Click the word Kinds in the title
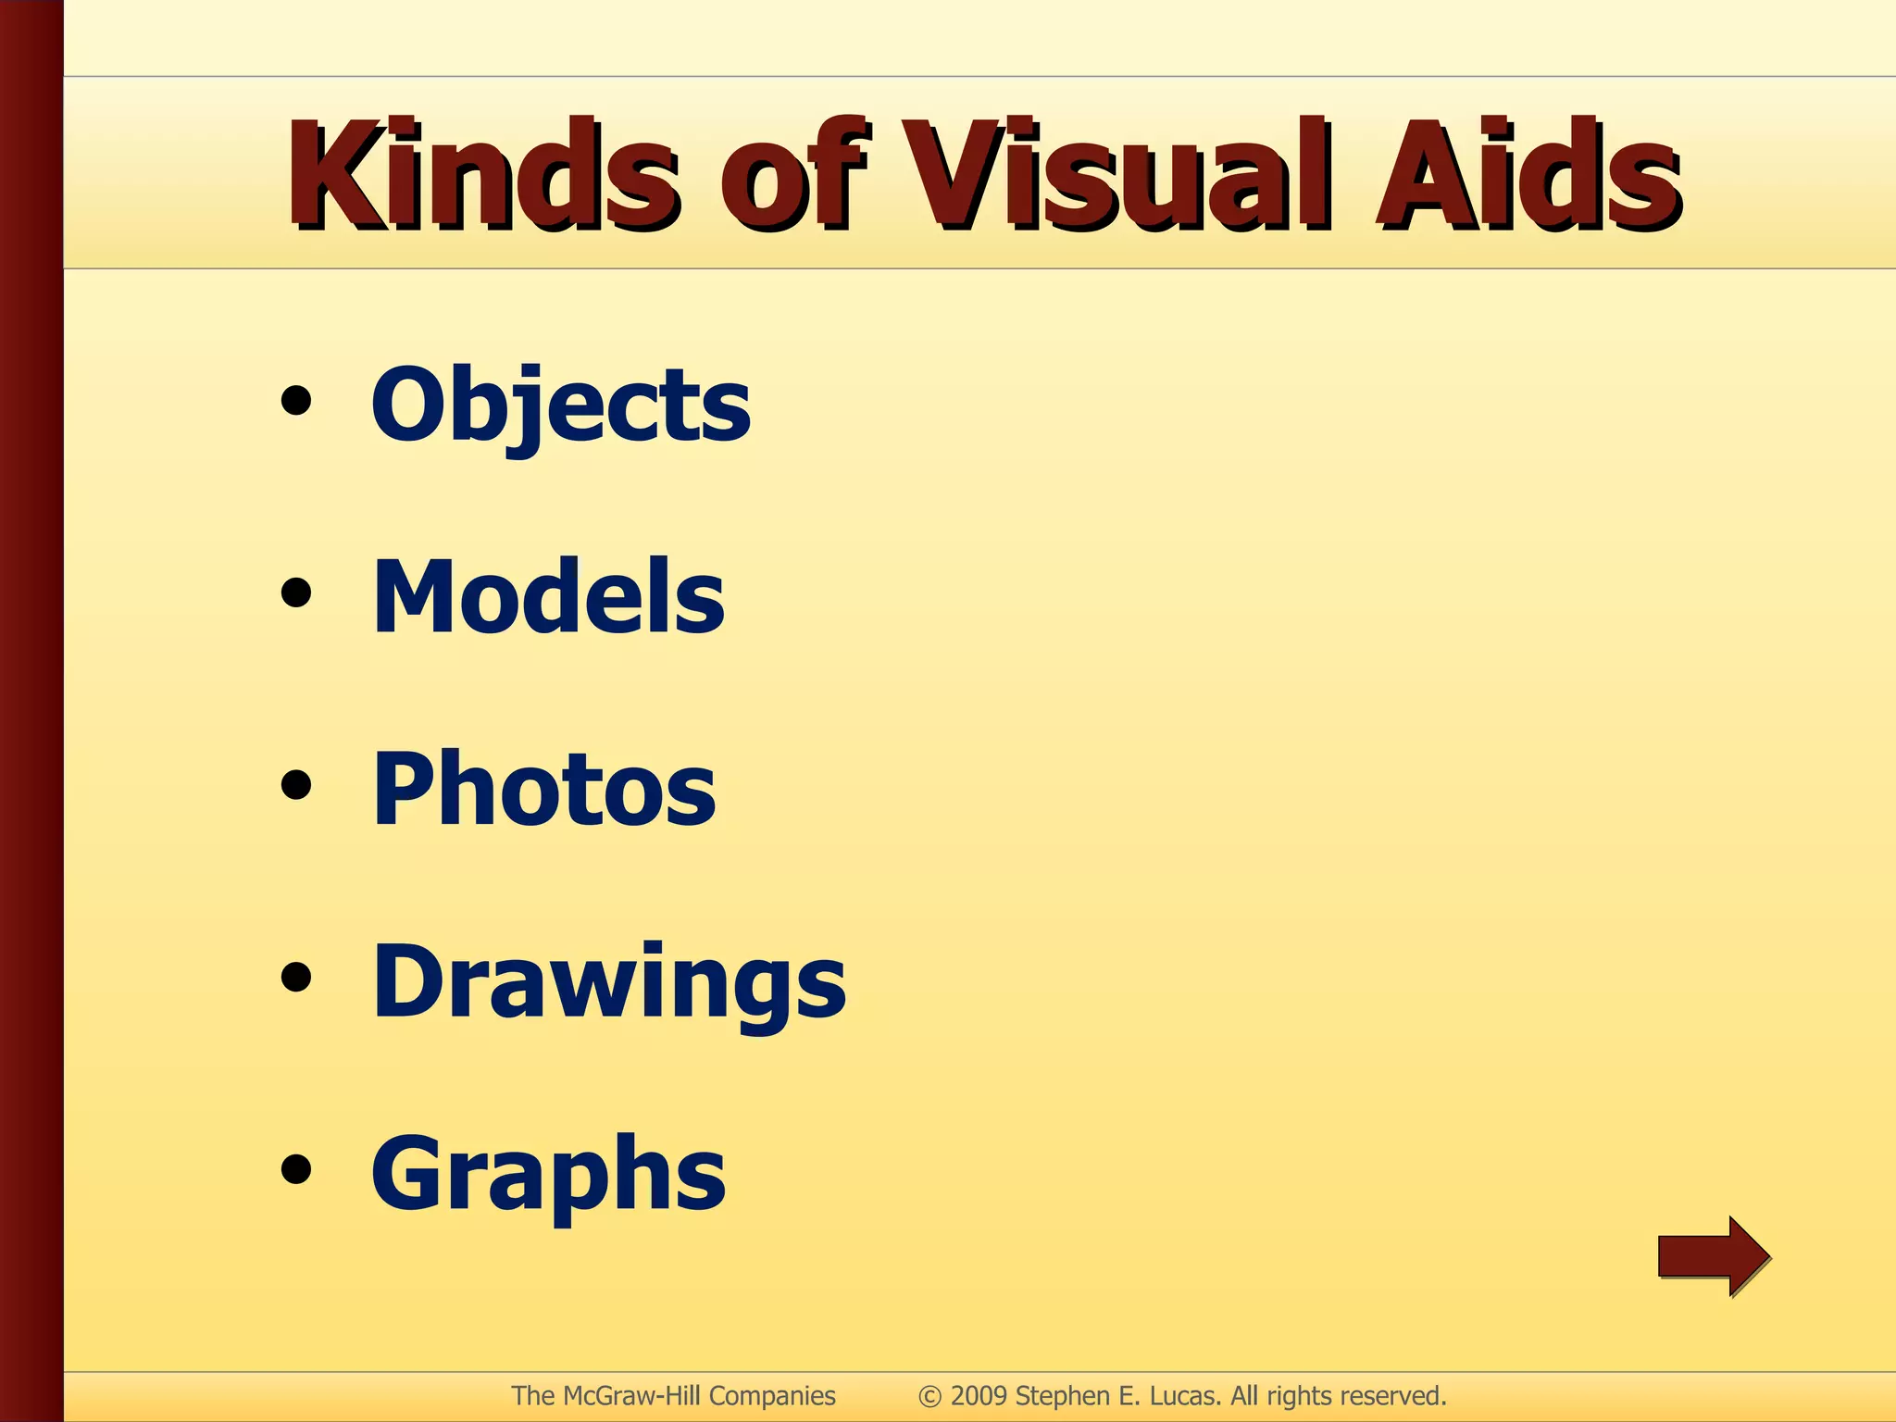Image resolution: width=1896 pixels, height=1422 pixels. point(481,175)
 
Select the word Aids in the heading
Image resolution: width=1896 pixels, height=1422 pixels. point(1528,175)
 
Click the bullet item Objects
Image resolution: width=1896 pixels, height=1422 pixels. point(561,405)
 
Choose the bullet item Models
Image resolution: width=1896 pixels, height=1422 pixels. point(548,597)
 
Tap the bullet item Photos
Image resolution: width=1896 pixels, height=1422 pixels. point(543,789)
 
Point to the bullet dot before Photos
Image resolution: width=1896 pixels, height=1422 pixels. point(296,786)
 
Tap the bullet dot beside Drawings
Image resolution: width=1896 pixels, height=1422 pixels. point(296,978)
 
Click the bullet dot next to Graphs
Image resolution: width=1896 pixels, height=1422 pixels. point(296,1169)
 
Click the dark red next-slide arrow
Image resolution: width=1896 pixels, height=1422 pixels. point(1714,1256)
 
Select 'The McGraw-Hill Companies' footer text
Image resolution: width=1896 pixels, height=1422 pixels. point(673,1396)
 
